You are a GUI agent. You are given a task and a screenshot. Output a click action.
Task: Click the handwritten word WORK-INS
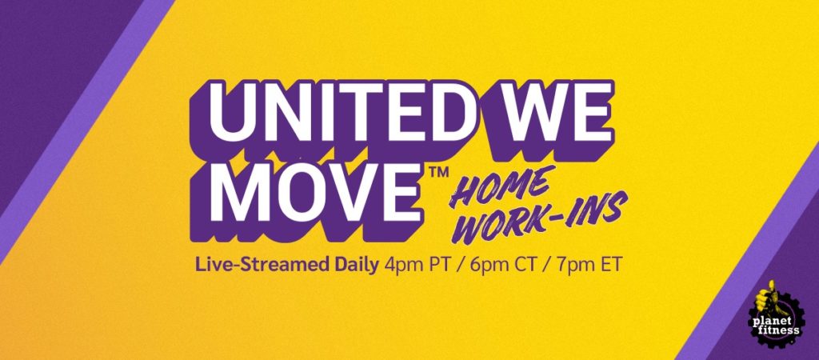click(534, 221)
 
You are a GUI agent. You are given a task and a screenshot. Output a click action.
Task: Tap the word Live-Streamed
click(264, 266)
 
